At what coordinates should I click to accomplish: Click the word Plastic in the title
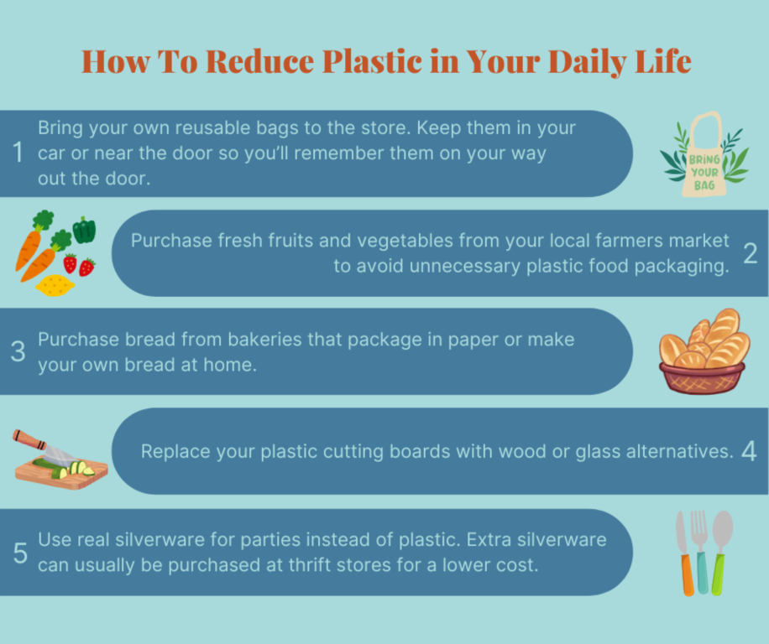coord(372,62)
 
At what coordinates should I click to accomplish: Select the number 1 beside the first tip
coord(18,152)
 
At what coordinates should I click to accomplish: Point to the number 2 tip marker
coord(750,254)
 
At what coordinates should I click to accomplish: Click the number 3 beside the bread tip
coord(18,351)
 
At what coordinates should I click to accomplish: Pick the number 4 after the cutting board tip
coord(749,451)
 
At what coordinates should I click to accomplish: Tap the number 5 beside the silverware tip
coord(20,553)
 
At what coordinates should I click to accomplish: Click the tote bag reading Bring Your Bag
coord(704,154)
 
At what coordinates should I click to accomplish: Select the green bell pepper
coord(84,230)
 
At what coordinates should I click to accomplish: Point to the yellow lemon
coord(55,285)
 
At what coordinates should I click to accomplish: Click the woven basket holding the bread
coord(702,377)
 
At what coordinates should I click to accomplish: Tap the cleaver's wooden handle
coord(29,439)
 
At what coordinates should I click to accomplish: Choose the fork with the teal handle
coord(700,553)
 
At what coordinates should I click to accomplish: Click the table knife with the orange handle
coord(685,553)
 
